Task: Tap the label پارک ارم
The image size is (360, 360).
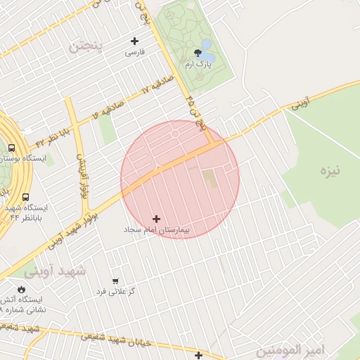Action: pyautogui.click(x=199, y=64)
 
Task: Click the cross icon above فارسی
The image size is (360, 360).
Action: pyautogui.click(x=135, y=41)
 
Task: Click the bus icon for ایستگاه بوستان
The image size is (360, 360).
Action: pyautogui.click(x=11, y=148)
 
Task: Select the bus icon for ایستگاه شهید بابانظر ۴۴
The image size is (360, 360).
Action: pyautogui.click(x=25, y=198)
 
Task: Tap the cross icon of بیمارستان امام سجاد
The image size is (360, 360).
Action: pyautogui.click(x=156, y=219)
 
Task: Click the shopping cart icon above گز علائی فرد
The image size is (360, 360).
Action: pyautogui.click(x=115, y=281)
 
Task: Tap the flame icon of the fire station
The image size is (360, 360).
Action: pyautogui.click(x=21, y=289)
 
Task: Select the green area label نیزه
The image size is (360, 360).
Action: pyautogui.click(x=330, y=171)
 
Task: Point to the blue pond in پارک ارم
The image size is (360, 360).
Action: pyautogui.click(x=207, y=45)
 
